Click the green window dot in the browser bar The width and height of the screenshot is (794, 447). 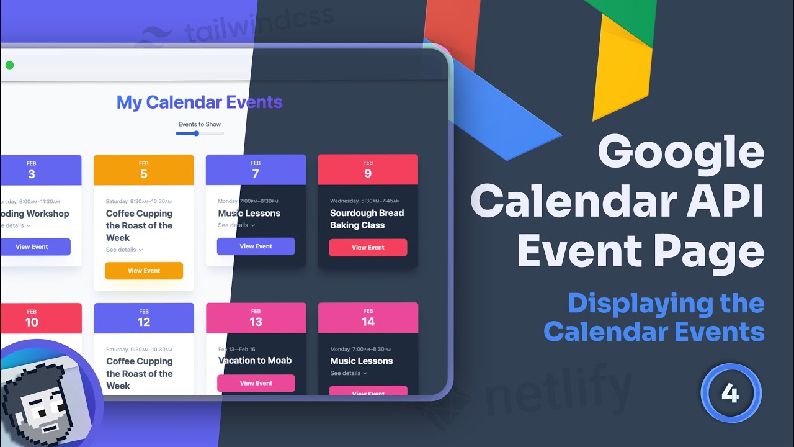click(x=9, y=65)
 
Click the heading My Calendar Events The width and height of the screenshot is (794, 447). click(x=199, y=102)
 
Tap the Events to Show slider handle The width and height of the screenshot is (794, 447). click(x=196, y=133)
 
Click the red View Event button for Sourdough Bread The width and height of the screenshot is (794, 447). click(x=368, y=247)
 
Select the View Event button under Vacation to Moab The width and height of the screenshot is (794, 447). click(x=256, y=383)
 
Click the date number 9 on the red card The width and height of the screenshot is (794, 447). click(x=368, y=174)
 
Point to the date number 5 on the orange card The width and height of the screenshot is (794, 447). click(x=144, y=174)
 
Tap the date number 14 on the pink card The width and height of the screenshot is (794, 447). click(x=368, y=322)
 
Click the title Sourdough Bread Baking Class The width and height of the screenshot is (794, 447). click(x=367, y=219)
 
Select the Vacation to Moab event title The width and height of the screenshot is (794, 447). click(x=255, y=361)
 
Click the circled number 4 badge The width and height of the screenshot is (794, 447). click(x=730, y=393)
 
